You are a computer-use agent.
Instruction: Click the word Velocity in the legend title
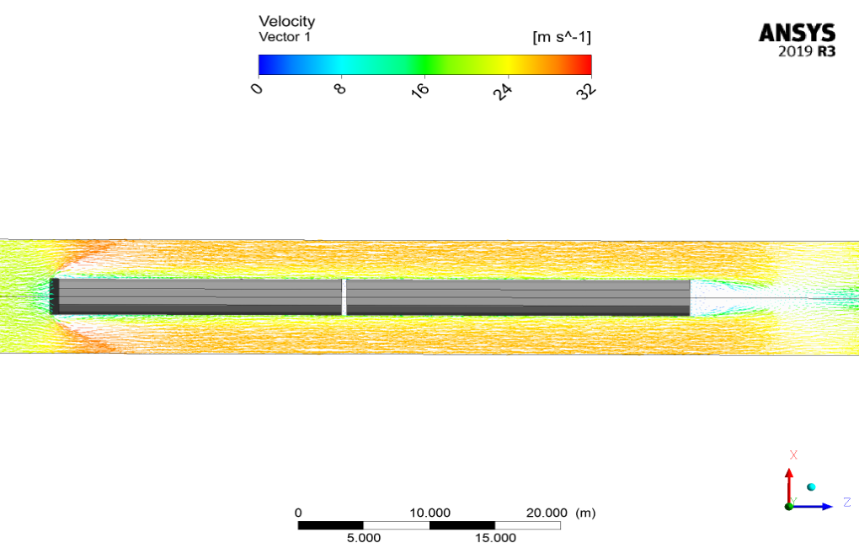[286, 22]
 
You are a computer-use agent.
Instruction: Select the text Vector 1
[285, 37]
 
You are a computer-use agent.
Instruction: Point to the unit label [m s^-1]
[562, 37]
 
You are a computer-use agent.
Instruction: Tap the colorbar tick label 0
[256, 88]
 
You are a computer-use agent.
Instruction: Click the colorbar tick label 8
[340, 88]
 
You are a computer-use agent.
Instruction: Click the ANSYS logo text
[797, 34]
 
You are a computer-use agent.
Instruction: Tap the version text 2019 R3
[807, 51]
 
